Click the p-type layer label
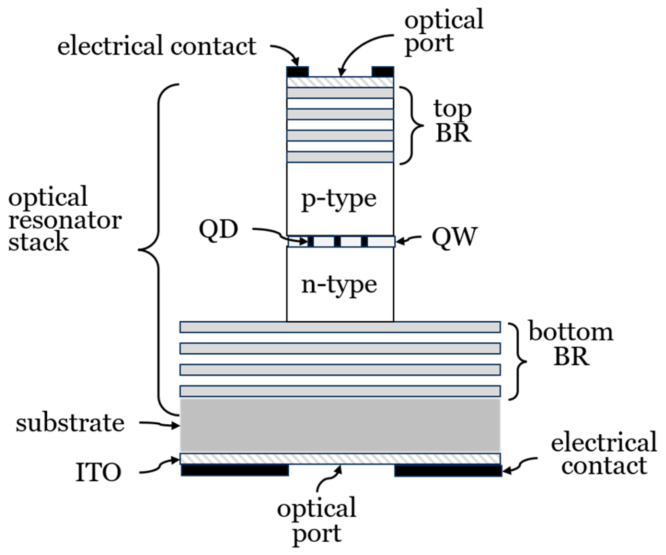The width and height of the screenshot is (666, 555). click(x=339, y=199)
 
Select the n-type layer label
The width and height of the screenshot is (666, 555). click(x=339, y=285)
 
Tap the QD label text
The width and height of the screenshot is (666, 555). click(x=218, y=230)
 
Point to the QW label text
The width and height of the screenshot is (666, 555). click(x=454, y=237)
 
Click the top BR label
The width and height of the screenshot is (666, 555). click(x=453, y=121)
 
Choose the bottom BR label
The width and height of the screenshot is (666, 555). click(x=571, y=344)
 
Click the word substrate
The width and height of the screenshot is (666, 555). click(x=70, y=424)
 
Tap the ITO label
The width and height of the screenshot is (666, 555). click(x=98, y=472)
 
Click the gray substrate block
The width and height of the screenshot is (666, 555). click(x=340, y=425)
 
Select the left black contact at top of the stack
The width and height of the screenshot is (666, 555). click(x=297, y=72)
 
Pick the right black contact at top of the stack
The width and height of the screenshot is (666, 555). click(x=382, y=72)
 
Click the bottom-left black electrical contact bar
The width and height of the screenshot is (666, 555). click(x=235, y=470)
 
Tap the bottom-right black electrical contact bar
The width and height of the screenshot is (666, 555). click(x=448, y=470)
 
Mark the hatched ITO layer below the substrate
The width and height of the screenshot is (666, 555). click(x=340, y=459)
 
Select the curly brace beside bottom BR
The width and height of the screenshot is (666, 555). click(x=518, y=361)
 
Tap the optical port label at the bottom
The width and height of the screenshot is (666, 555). click(x=317, y=521)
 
